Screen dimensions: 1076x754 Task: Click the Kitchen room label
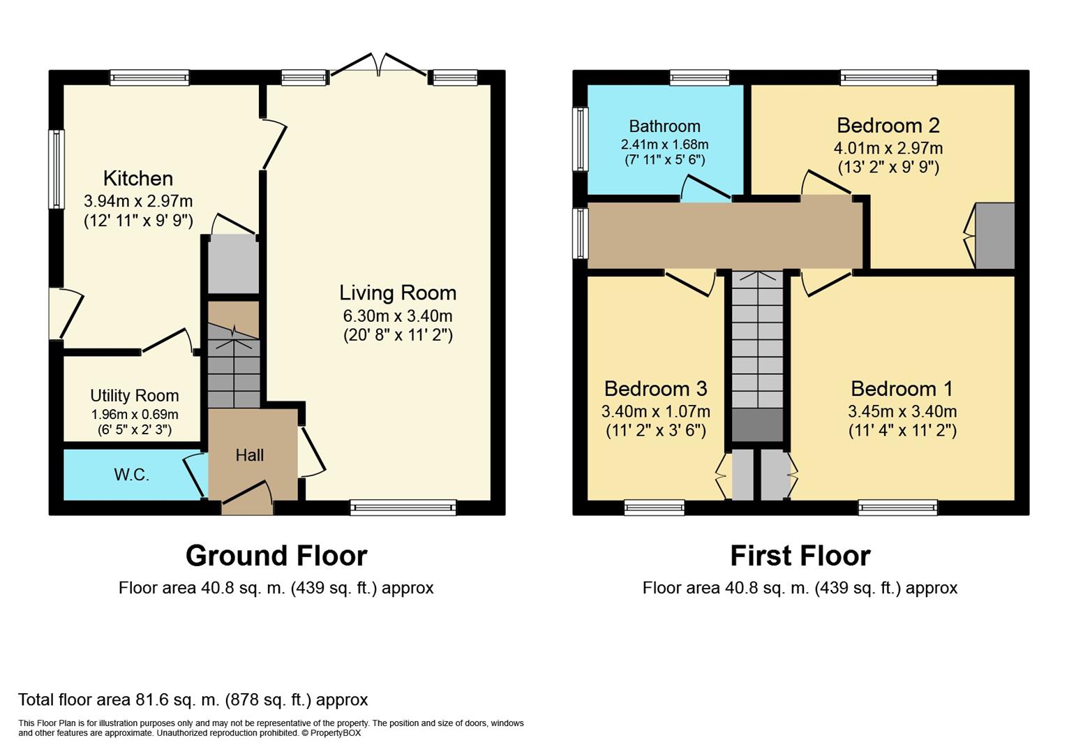pyautogui.click(x=138, y=178)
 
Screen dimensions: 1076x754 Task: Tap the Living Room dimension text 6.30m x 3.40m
pyautogui.click(x=398, y=316)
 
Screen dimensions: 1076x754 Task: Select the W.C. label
pyautogui.click(x=132, y=475)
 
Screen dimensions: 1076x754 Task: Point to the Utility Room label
pyautogui.click(x=135, y=396)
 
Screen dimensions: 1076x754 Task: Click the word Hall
pyautogui.click(x=249, y=454)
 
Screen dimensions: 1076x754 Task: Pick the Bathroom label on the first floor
pyautogui.click(x=665, y=126)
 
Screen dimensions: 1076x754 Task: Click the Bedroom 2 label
pyautogui.click(x=888, y=126)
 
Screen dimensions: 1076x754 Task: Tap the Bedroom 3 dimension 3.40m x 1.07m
pyautogui.click(x=656, y=411)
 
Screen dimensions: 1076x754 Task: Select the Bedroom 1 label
pyautogui.click(x=902, y=389)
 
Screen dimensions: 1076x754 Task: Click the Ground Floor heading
pyautogui.click(x=277, y=556)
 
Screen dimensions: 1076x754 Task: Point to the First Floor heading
pyautogui.click(x=800, y=556)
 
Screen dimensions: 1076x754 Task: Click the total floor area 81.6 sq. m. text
pyautogui.click(x=193, y=700)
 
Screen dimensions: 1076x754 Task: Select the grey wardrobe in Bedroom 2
pyautogui.click(x=995, y=235)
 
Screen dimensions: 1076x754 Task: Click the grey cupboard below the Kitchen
pyautogui.click(x=234, y=264)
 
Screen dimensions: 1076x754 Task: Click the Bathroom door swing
pyautogui.click(x=706, y=188)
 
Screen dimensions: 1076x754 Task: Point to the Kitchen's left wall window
pyautogui.click(x=57, y=169)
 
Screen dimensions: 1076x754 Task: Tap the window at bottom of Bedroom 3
pyautogui.click(x=655, y=508)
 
